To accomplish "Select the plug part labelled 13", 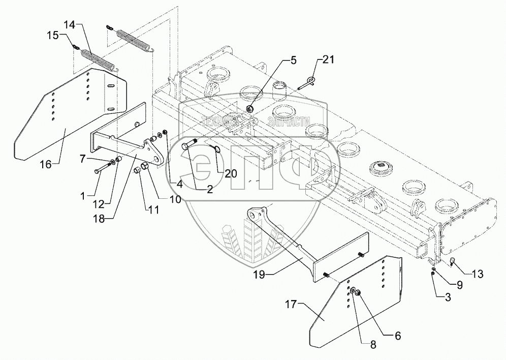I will (x=452, y=262).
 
